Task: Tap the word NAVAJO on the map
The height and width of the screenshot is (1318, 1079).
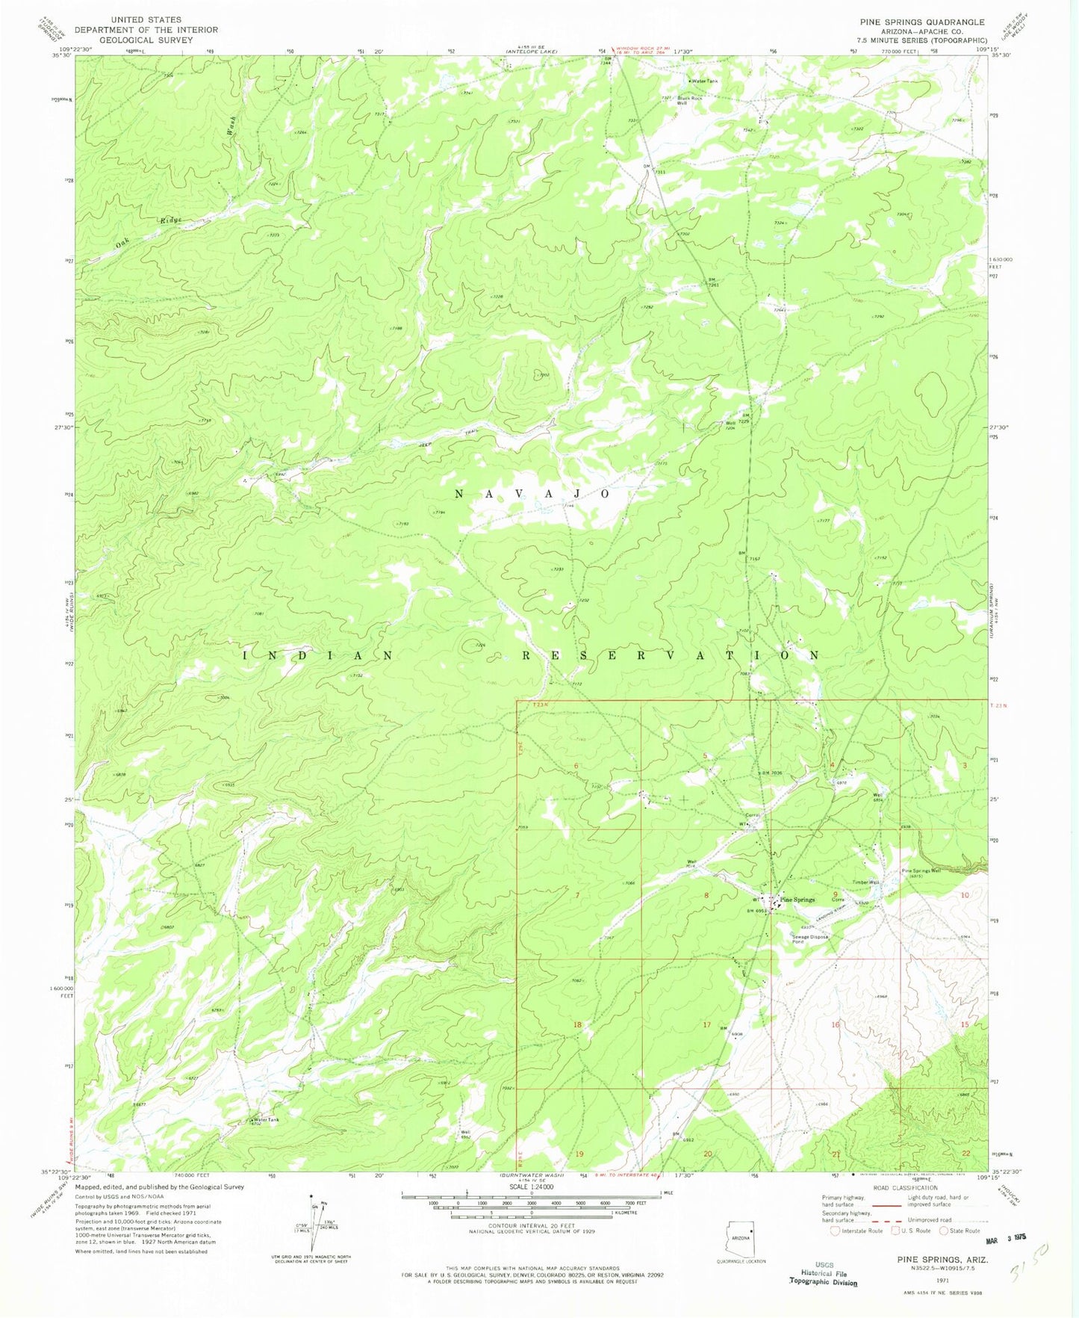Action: coord(532,494)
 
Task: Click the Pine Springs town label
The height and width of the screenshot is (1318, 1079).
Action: coord(797,900)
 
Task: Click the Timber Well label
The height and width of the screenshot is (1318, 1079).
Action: coord(865,882)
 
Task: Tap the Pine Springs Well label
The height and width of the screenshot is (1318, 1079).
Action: coord(921,871)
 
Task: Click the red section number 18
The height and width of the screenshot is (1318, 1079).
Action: coord(577,1025)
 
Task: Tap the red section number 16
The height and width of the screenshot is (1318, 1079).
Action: coord(836,1025)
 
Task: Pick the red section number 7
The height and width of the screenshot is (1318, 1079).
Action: coord(577,895)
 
